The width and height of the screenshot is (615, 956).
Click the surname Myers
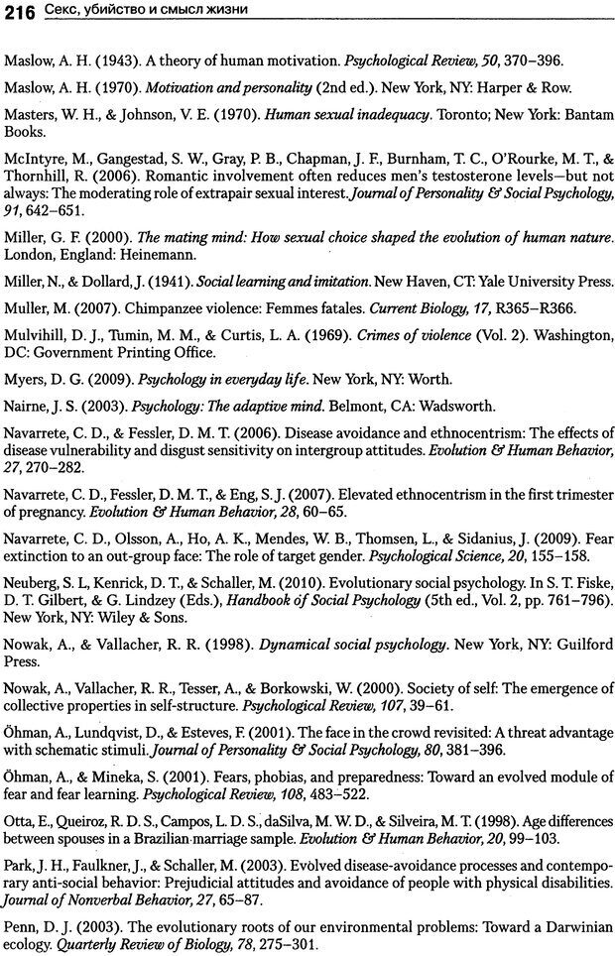[x=26, y=379]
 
